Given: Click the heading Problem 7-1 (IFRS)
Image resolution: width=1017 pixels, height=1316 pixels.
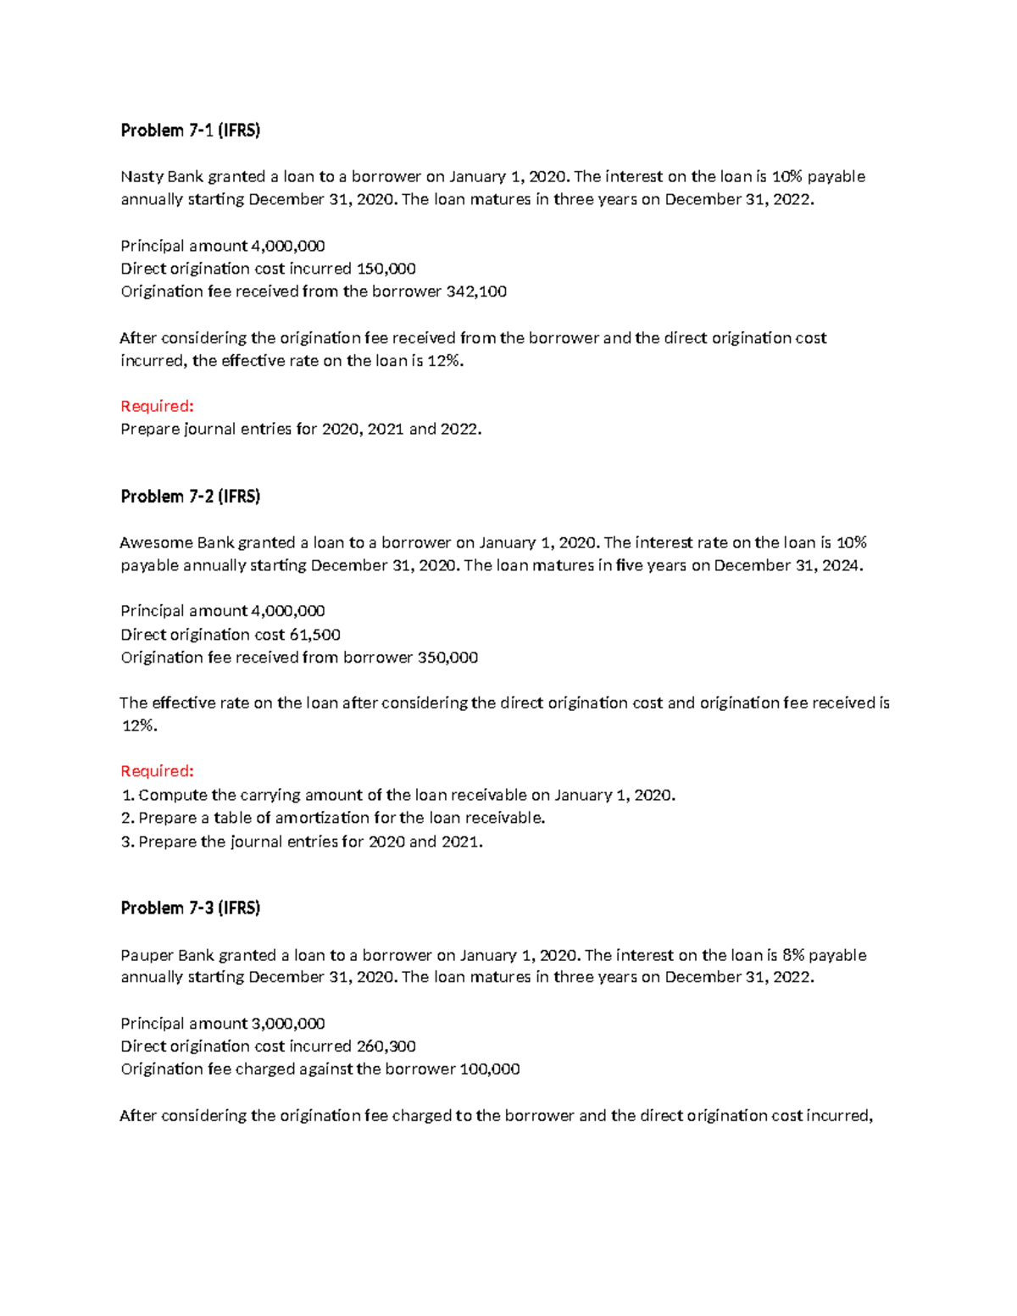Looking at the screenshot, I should pyautogui.click(x=190, y=130).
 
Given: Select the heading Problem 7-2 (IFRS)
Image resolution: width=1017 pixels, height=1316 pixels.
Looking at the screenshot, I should pyautogui.click(x=190, y=497).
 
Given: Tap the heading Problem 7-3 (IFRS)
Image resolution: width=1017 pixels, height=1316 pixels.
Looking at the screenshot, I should pyautogui.click(x=190, y=908).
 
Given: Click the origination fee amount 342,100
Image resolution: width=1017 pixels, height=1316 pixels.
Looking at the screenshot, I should pyautogui.click(x=476, y=292).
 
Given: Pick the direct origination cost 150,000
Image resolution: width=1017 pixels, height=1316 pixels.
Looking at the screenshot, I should pyautogui.click(x=386, y=269).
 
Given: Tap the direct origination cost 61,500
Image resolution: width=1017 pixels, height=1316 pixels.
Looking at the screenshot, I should pyautogui.click(x=315, y=635).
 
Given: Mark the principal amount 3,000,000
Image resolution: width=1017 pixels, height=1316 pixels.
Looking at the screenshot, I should pyautogui.click(x=288, y=1024).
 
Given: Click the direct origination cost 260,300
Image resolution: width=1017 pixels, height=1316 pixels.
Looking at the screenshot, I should pyautogui.click(x=386, y=1047).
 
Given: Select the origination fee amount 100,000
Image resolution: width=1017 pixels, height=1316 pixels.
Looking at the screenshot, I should pyautogui.click(x=490, y=1069).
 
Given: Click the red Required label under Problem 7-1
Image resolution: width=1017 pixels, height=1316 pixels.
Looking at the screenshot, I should pyautogui.click(x=157, y=407).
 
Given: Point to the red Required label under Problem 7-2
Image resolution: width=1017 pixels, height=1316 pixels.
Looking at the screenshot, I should pyautogui.click(x=157, y=771).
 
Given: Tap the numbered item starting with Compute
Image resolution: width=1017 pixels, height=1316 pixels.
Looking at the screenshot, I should pyautogui.click(x=398, y=795).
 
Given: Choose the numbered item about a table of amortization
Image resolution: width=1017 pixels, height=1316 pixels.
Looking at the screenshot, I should pyautogui.click(x=333, y=818).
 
